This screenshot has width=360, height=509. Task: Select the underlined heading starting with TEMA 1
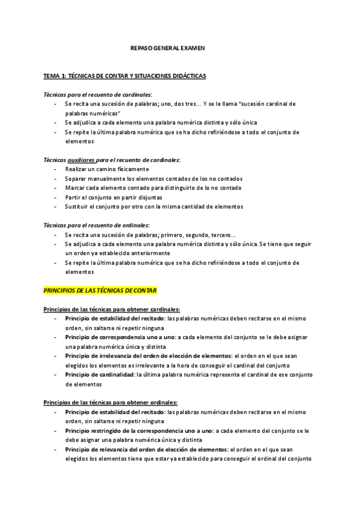125,76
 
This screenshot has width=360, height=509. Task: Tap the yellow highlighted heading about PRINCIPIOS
100,291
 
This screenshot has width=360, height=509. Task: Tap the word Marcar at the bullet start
75,188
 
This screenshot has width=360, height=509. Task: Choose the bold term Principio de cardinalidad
100,375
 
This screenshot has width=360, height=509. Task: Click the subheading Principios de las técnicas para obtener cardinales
112,309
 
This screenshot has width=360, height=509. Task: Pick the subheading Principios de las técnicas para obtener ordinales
110,402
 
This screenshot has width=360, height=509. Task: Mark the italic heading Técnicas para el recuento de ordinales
97,225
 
